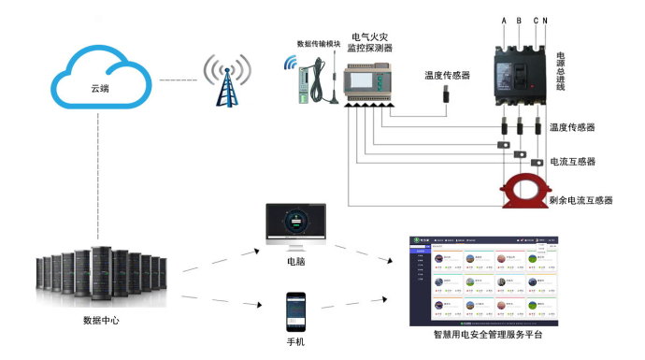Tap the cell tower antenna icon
coord(223,80)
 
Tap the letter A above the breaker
coord(504,21)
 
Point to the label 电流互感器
coord(573,162)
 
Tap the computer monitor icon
coord(294,224)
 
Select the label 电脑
coord(295,263)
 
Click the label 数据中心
coord(101,321)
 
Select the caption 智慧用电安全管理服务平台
coord(487,334)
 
